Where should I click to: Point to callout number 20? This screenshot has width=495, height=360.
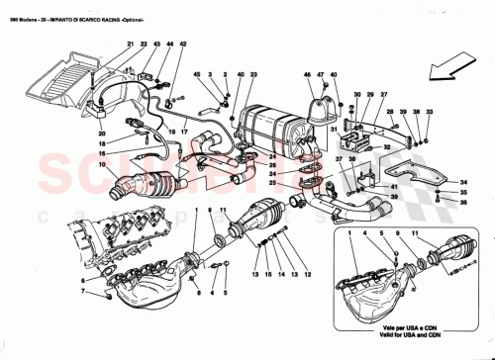[100, 133]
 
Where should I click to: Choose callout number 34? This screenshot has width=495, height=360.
[462, 183]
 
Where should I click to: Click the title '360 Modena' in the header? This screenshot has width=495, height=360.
[21, 7]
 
